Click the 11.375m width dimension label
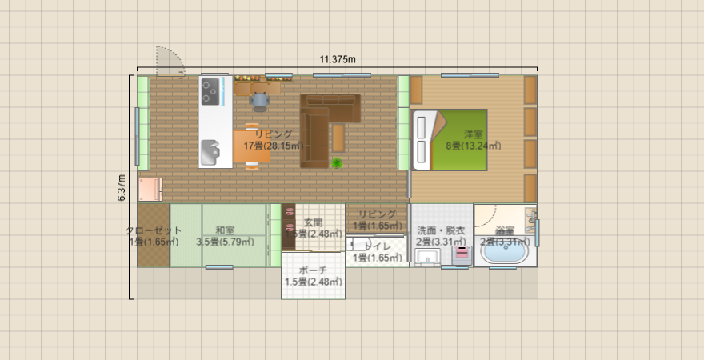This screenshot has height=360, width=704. pos(337,59)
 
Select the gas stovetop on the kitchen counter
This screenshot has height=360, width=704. pos(211,92)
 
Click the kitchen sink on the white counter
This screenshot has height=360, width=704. pos(210,150)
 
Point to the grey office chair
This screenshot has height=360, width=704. pos(260,101)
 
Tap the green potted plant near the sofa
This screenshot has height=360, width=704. pos(338,163)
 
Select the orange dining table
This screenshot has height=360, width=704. pos(252,146)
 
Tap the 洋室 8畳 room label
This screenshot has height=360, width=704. pos(473,140)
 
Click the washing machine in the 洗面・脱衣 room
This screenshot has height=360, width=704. pos(462,255)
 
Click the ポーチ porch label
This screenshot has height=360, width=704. pos(313,276)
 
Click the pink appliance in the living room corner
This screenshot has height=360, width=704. pos(150,190)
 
